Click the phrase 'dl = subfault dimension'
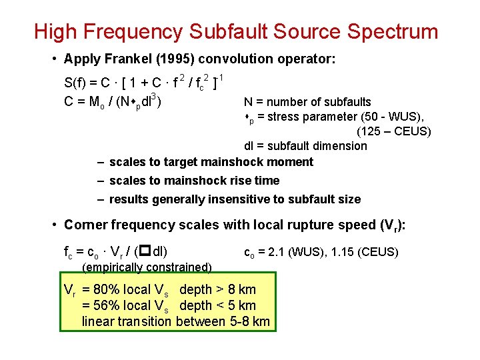click(x=305, y=146)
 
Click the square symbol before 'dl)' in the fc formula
click(x=143, y=252)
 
